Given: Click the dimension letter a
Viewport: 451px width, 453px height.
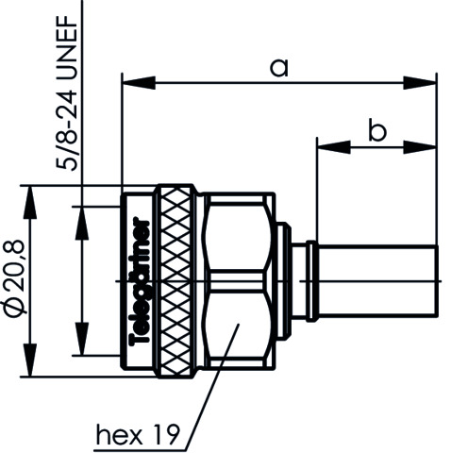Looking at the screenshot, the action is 279,68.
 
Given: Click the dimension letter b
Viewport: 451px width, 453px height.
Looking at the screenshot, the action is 377,129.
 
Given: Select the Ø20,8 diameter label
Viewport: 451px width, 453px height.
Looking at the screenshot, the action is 13,278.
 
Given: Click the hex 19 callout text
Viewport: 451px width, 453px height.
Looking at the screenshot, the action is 138,435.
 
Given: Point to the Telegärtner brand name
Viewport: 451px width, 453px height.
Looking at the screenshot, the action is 140,281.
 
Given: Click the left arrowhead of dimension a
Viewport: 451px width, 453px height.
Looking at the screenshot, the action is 139,83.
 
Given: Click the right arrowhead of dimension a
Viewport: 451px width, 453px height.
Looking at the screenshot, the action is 420,83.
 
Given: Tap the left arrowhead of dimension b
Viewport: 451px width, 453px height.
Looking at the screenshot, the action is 334,147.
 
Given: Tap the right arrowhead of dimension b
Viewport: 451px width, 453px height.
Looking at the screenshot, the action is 420,147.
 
